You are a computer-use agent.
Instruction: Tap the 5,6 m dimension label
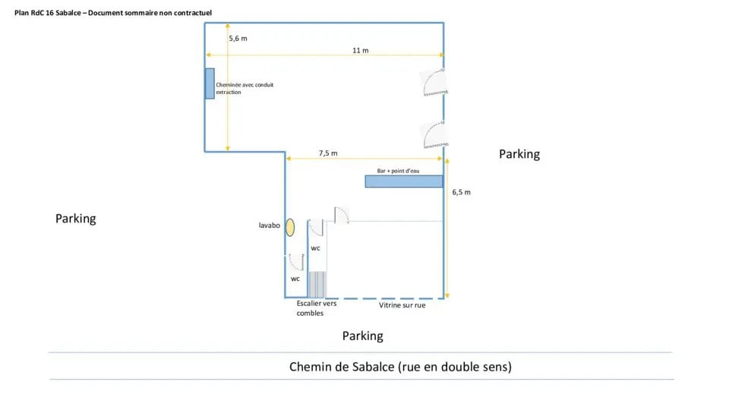click(x=238, y=38)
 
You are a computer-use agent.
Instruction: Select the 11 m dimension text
click(x=360, y=50)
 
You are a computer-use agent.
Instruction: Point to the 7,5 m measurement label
click(x=328, y=153)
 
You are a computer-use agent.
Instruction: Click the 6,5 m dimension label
click(x=461, y=193)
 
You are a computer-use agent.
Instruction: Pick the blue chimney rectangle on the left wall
click(x=210, y=84)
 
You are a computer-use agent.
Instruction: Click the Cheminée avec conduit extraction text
click(x=245, y=88)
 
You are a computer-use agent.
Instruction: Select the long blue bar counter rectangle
click(x=403, y=181)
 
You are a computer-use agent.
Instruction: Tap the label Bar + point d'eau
click(x=398, y=171)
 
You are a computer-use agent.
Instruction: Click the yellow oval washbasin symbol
click(x=289, y=226)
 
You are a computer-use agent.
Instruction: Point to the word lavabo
click(x=270, y=225)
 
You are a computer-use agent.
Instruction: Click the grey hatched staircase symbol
click(x=316, y=284)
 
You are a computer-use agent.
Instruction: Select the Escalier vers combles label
click(x=316, y=307)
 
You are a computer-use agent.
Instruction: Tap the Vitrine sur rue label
click(x=402, y=306)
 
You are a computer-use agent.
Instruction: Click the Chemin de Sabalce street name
click(x=400, y=367)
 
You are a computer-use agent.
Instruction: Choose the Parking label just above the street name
click(x=362, y=336)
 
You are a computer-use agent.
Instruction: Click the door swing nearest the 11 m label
click(x=434, y=82)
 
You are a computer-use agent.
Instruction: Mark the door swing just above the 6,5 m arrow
click(x=434, y=135)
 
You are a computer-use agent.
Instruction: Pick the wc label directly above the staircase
click(x=315, y=248)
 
